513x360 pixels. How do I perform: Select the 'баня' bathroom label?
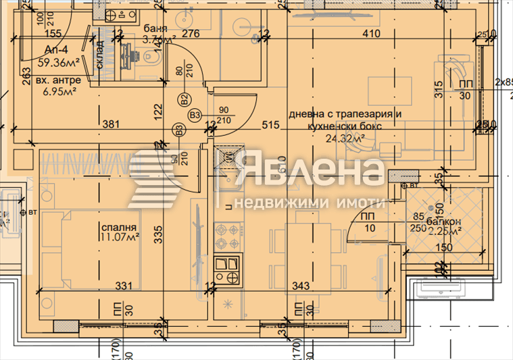tap(155, 28)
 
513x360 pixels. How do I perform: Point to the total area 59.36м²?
tap(59, 62)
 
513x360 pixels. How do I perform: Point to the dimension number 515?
tap(270, 124)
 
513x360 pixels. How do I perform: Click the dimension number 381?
tap(112, 124)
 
